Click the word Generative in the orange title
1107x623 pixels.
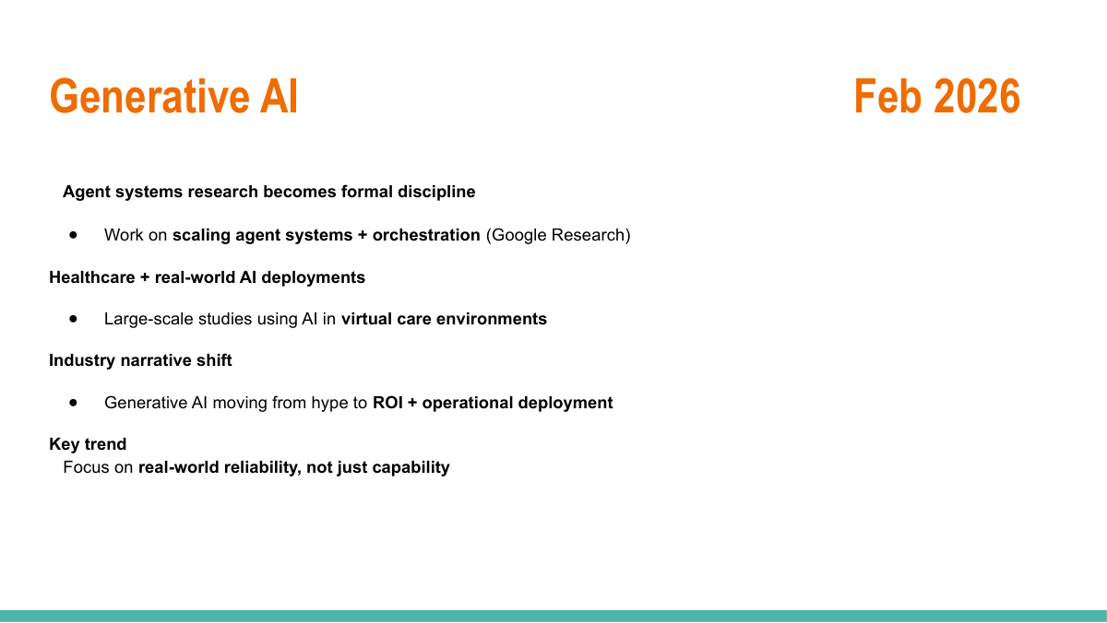click(x=149, y=96)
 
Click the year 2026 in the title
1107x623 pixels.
click(x=977, y=96)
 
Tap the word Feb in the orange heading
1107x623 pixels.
click(x=887, y=96)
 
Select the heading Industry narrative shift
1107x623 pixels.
click(x=140, y=360)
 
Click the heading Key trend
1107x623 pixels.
click(x=88, y=444)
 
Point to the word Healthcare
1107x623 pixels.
click(x=92, y=277)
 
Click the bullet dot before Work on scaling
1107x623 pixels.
click(x=73, y=235)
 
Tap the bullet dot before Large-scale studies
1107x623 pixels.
click(x=73, y=319)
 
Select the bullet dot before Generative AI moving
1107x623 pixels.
click(x=73, y=403)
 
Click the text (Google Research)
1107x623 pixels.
click(x=558, y=235)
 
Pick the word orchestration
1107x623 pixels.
click(x=426, y=235)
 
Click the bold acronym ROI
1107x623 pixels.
click(x=387, y=403)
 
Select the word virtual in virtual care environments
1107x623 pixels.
click(x=367, y=319)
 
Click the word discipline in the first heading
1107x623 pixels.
click(x=436, y=192)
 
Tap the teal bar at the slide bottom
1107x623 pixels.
click(x=553, y=617)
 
